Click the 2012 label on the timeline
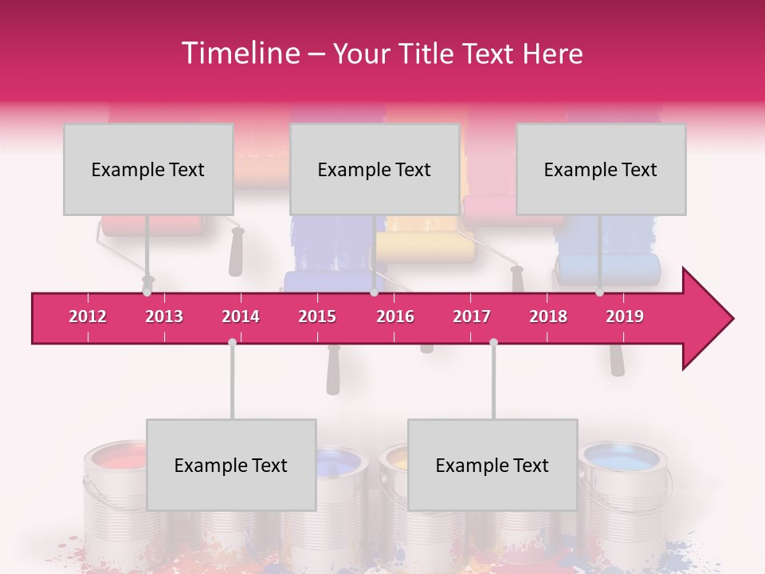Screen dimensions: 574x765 (88, 316)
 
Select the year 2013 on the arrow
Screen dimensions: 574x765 (164, 316)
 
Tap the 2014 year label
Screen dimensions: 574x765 (241, 316)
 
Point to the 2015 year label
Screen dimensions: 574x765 (317, 316)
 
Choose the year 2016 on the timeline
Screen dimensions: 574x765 (395, 316)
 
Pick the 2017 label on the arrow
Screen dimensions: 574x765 (472, 316)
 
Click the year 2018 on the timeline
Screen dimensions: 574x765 (548, 316)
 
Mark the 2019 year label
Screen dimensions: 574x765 (625, 316)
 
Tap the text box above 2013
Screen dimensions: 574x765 (148, 169)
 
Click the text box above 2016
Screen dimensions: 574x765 (375, 169)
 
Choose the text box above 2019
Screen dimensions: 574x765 (601, 169)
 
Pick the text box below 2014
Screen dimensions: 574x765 (231, 465)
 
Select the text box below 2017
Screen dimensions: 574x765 (492, 465)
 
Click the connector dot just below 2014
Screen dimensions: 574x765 (232, 342)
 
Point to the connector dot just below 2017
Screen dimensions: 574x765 (493, 342)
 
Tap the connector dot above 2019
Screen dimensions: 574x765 (599, 293)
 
